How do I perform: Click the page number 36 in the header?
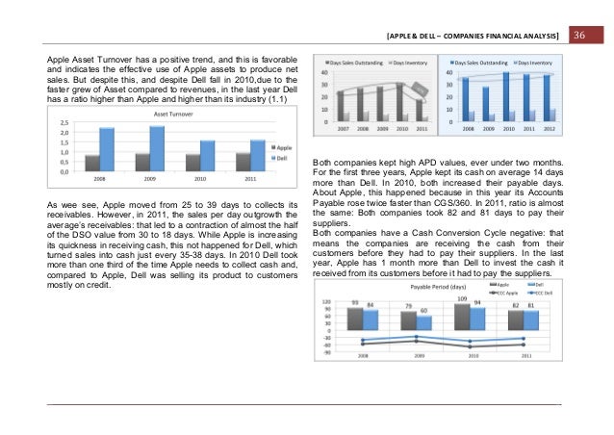click(580, 37)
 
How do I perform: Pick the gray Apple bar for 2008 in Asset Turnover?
click(92, 163)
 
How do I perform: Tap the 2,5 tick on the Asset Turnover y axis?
click(63, 122)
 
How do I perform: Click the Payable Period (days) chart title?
click(438, 287)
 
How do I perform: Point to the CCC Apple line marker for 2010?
click(470, 342)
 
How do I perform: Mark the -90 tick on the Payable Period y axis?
click(326, 353)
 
